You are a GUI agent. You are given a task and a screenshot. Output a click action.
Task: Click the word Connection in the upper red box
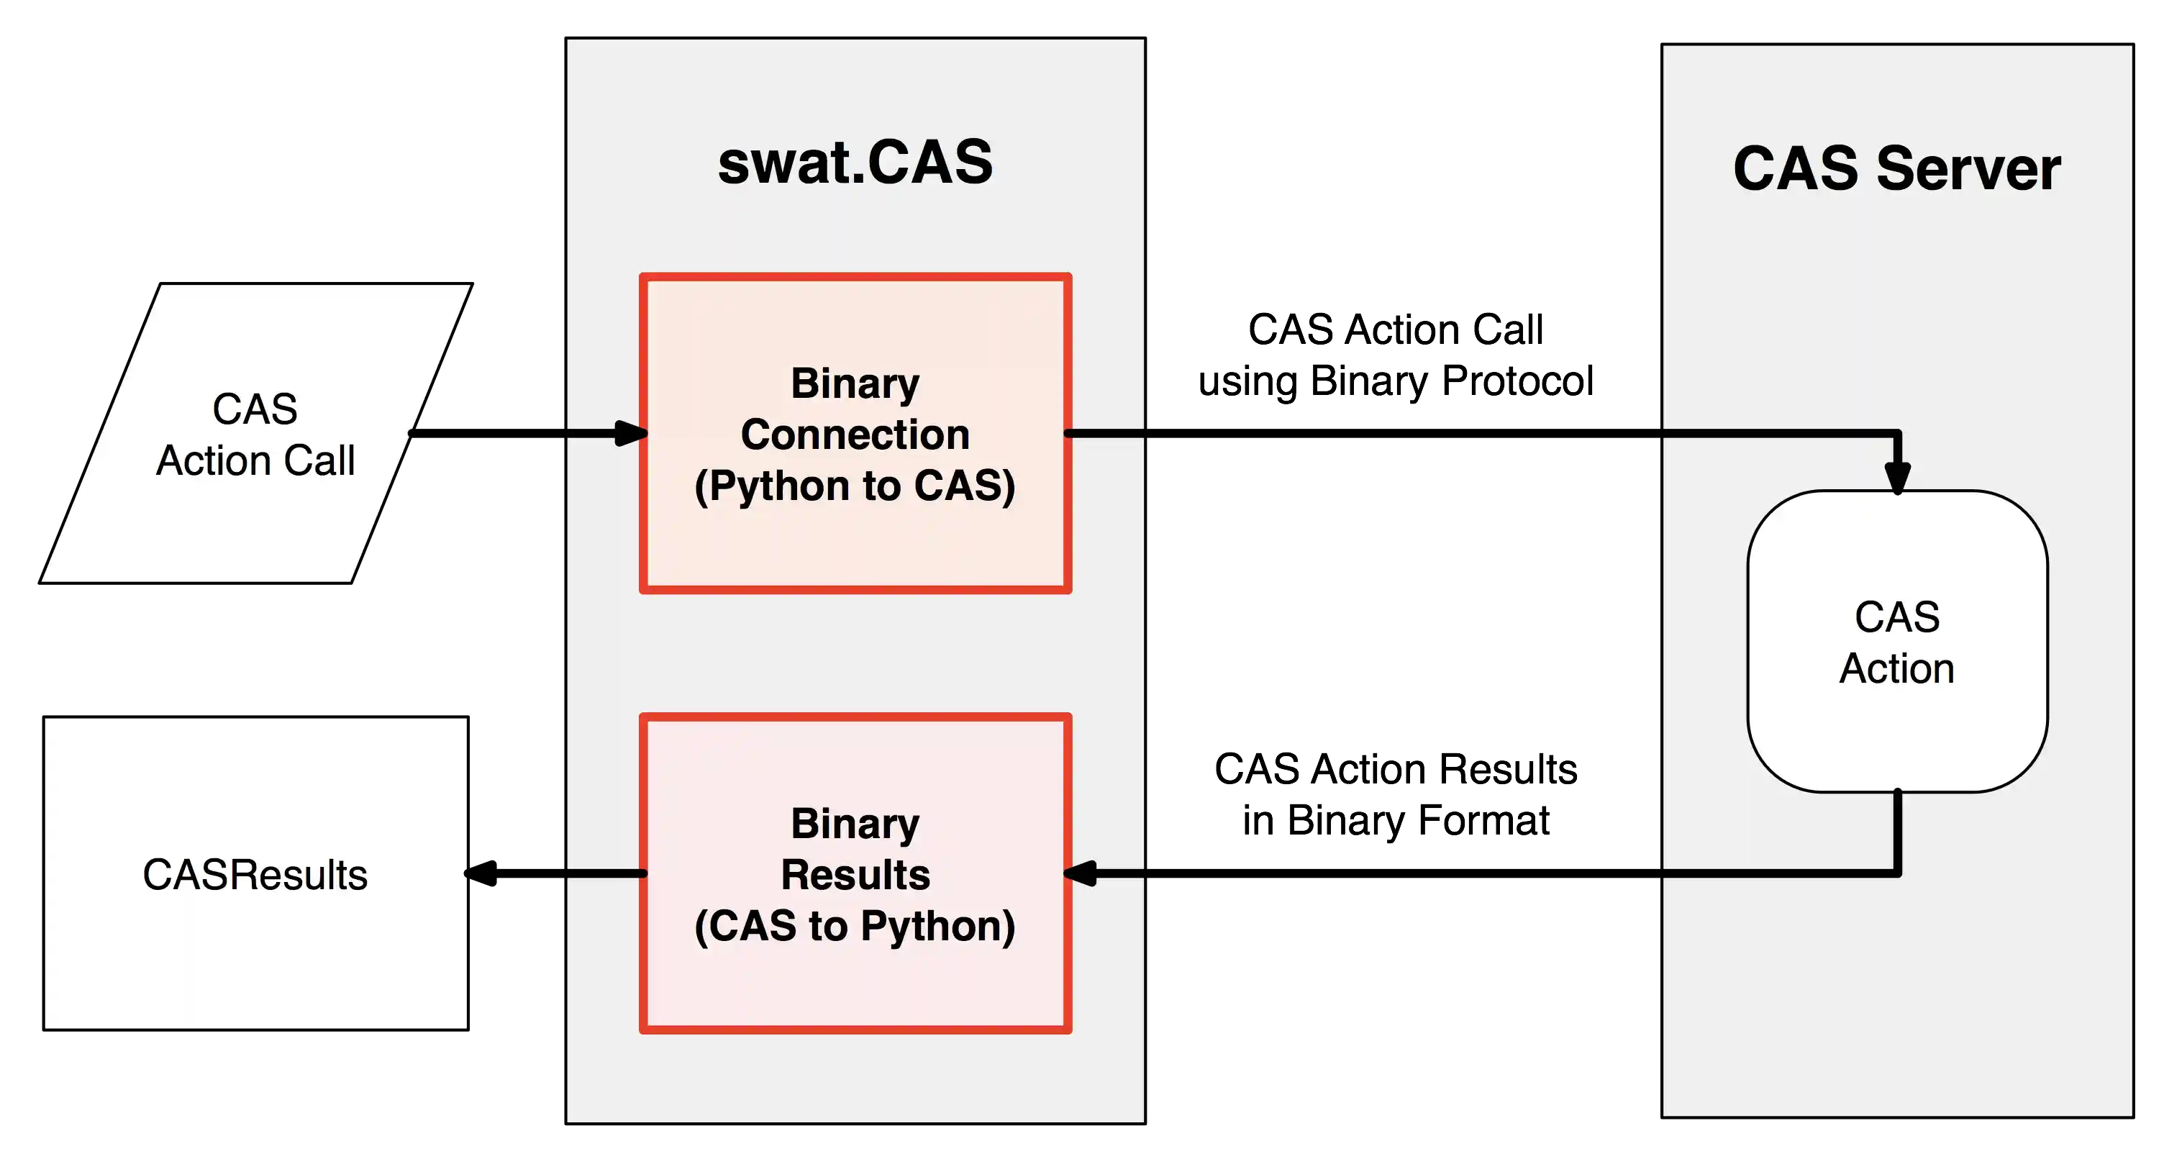click(x=855, y=435)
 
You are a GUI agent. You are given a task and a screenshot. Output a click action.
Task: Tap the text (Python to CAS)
click(x=855, y=486)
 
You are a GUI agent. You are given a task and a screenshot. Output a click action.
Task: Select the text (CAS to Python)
click(x=855, y=925)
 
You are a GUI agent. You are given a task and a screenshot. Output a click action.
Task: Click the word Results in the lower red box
click(x=855, y=874)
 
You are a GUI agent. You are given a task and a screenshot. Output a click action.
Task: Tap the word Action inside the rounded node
click(x=1897, y=668)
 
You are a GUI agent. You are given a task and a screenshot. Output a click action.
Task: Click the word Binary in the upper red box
click(x=855, y=383)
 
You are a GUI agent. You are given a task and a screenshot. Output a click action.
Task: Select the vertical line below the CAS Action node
click(x=1898, y=832)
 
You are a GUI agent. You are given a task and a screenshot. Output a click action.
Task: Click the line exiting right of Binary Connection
click(x=1105, y=433)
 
